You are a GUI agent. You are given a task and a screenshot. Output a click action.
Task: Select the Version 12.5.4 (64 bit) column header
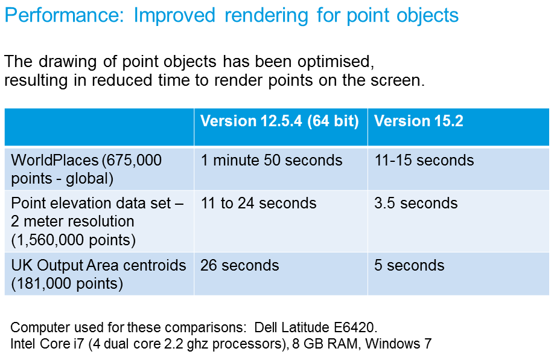point(279,121)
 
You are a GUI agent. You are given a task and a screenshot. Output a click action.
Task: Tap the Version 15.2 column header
point(418,121)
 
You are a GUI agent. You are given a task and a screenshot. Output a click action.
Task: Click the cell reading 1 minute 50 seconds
point(272,160)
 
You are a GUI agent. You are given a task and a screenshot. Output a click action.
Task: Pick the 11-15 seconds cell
point(424,160)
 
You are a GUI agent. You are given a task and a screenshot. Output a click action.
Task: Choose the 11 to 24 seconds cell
point(258,204)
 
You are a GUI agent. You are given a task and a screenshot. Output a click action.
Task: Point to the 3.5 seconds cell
point(416,204)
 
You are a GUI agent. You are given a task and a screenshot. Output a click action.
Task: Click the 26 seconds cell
point(240,266)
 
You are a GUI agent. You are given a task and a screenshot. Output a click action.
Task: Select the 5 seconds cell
point(409,266)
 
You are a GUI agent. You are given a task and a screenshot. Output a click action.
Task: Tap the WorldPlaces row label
point(86,169)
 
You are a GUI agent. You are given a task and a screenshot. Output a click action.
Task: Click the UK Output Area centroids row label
point(98,275)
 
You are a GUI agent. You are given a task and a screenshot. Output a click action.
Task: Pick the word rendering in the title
point(266,16)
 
